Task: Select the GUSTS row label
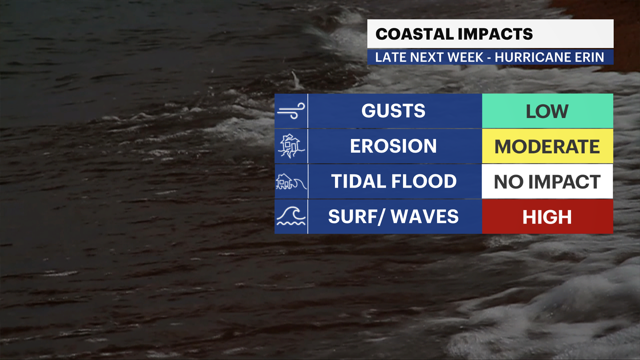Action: [393, 111]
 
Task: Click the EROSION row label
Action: [393, 146]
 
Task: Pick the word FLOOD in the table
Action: [424, 181]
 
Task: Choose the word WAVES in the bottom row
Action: [425, 217]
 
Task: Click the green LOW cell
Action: [547, 111]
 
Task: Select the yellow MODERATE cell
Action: [547, 146]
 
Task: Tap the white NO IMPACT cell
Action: [547, 182]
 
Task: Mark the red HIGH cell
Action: [547, 217]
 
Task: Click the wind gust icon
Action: [291, 111]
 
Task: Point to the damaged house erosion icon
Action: [291, 146]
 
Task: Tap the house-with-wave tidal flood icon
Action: [291, 182]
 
